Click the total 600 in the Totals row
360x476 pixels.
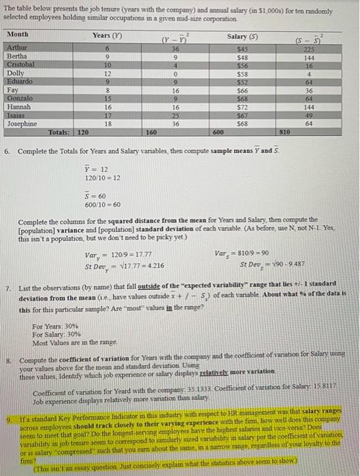[x=218, y=133]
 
